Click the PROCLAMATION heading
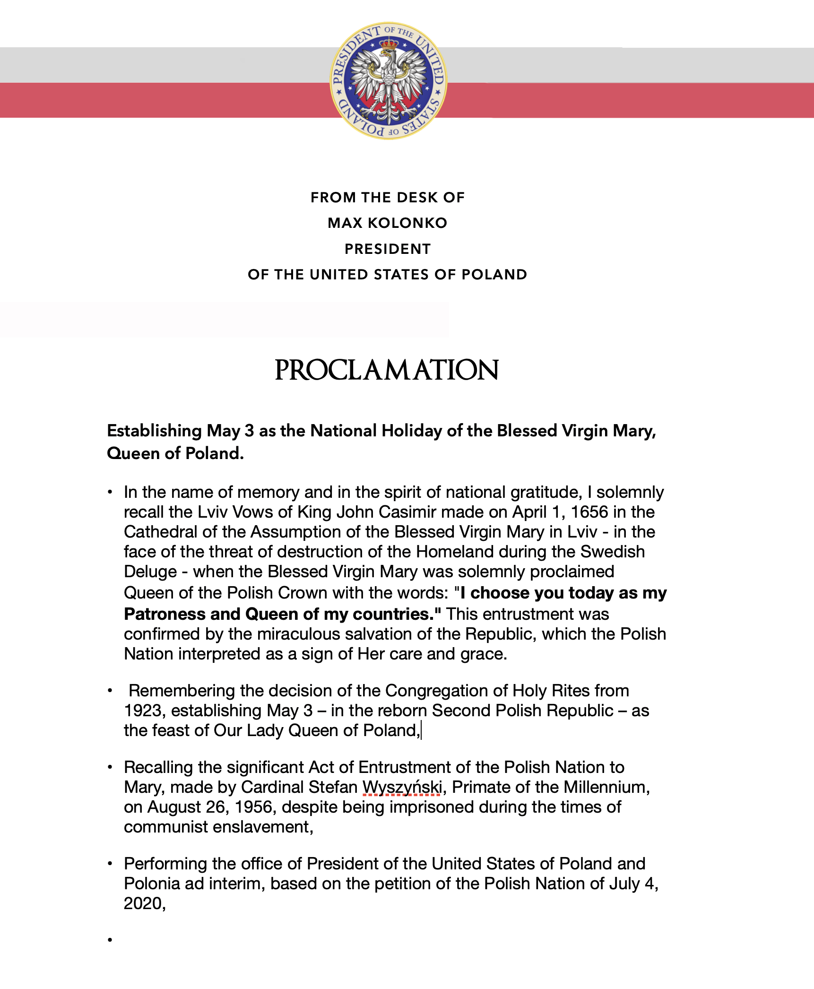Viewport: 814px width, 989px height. pyautogui.click(x=387, y=370)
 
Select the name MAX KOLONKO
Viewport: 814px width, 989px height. pyautogui.click(x=387, y=223)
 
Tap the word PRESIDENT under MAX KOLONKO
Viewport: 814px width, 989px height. pyautogui.click(x=388, y=249)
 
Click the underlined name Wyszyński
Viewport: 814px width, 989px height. pyautogui.click(x=402, y=787)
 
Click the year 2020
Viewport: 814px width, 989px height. pyautogui.click(x=143, y=903)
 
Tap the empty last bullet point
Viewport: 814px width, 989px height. pyautogui.click(x=110, y=940)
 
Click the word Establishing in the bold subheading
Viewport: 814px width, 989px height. pyautogui.click(x=155, y=431)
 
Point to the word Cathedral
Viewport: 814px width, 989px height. pyautogui.click(x=160, y=532)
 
